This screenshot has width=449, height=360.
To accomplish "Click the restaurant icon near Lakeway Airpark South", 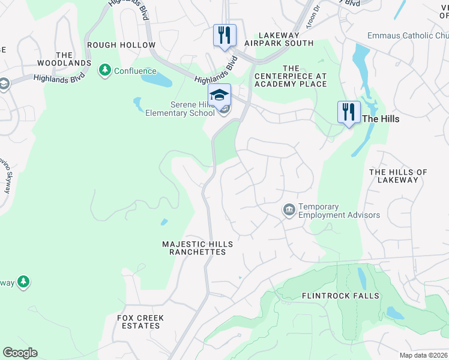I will click(225, 35).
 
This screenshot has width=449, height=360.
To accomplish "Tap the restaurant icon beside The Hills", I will click(349, 112).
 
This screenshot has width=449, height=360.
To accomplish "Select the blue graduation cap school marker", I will click(220, 94).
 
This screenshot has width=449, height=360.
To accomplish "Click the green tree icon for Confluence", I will click(105, 71).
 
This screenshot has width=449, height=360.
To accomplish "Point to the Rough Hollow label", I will click(121, 45).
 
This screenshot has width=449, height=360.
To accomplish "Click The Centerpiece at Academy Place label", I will click(291, 76).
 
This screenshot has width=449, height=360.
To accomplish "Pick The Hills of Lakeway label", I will click(398, 176).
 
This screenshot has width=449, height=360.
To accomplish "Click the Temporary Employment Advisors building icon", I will click(289, 210).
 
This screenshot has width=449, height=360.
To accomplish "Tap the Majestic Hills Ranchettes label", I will click(197, 248).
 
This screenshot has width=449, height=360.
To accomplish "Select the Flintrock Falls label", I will click(340, 296).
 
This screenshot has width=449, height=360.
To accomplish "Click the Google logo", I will click(20, 353).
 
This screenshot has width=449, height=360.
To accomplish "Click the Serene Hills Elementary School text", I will click(180, 109).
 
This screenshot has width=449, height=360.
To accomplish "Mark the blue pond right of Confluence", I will click(157, 79).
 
